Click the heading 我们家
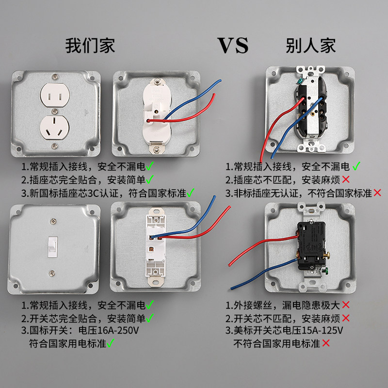pos(90,46)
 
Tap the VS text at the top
pos(232,46)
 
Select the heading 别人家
pos(311,46)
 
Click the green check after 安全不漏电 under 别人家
pos(356,166)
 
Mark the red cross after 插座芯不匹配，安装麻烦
pos(346,180)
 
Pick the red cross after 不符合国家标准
pos(377,193)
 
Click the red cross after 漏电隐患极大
pos(346,305)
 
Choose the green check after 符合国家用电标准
pos(111,343)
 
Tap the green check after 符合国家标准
pos(190,193)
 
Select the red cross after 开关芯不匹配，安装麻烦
pos(346,318)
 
